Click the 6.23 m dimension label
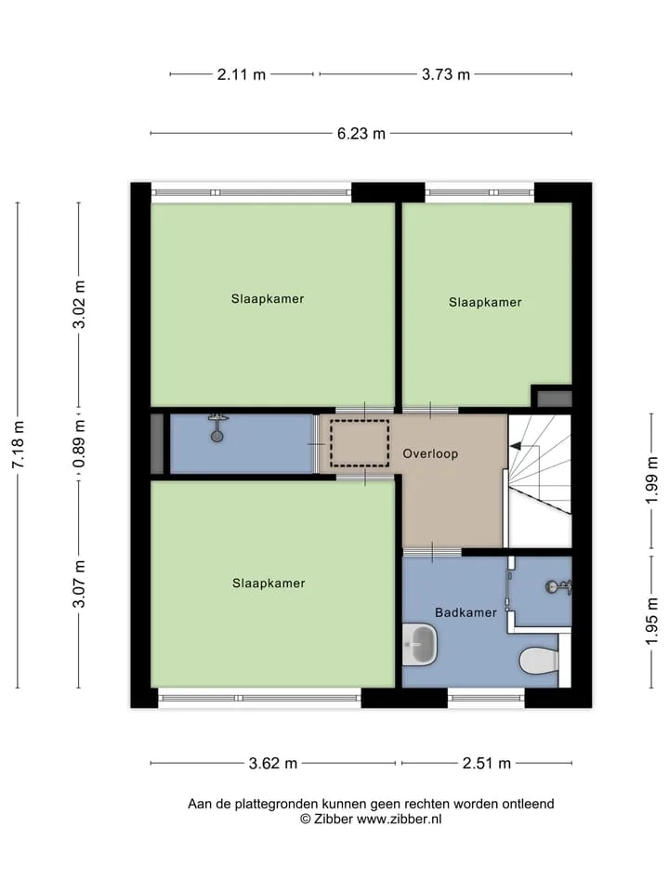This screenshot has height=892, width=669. tap(361, 134)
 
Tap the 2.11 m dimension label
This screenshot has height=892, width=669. tap(242, 74)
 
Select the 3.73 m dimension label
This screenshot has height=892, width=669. tap(446, 74)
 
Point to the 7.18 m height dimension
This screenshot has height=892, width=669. tap(19, 445)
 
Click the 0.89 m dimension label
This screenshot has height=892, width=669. tap(79, 444)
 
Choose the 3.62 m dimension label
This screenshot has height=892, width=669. tap(273, 764)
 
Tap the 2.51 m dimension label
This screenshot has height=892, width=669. tap(486, 764)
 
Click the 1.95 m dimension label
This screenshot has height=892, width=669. tap(652, 622)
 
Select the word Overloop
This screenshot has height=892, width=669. tap(430, 454)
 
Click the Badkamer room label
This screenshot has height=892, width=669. tap(466, 612)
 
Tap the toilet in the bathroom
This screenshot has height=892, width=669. tap(539, 660)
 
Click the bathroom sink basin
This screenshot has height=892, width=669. tap(420, 645)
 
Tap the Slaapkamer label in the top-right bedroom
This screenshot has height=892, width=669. tap(485, 303)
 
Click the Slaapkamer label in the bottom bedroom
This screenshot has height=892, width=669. tap(269, 584)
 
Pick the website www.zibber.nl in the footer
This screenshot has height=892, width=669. tap(399, 820)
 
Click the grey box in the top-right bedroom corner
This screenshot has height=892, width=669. tap(555, 399)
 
